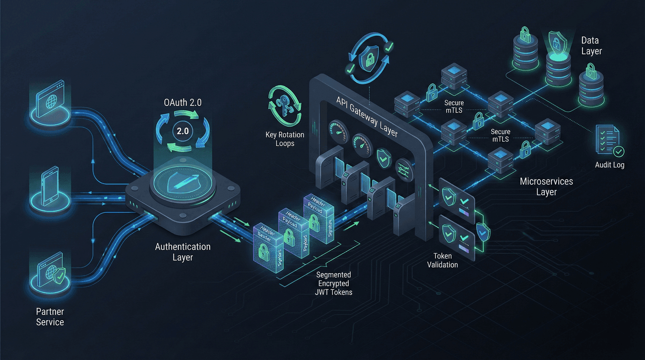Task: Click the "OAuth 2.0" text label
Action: pyautogui.click(x=182, y=103)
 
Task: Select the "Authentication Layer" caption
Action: pyautogui.click(x=182, y=252)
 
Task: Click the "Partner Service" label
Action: pyautogui.click(x=50, y=317)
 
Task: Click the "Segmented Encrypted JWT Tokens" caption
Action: pyautogui.click(x=334, y=283)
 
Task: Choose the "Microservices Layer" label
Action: pyautogui.click(x=546, y=187)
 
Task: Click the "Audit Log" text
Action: pyautogui.click(x=610, y=165)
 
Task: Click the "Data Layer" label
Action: pyautogui.click(x=592, y=45)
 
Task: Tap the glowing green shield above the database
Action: pyautogui.click(x=556, y=37)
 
